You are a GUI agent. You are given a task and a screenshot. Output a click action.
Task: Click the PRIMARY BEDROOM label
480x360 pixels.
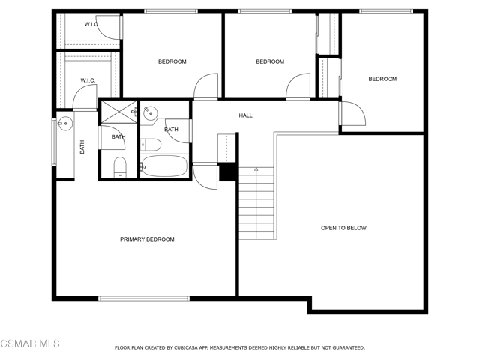147,239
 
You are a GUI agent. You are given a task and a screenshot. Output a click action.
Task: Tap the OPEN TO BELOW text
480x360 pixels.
343,228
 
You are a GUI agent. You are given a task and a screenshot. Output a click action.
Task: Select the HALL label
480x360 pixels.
245,115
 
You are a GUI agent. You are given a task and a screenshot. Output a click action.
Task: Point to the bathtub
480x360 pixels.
165,166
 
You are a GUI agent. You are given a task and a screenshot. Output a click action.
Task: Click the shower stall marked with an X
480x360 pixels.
119,112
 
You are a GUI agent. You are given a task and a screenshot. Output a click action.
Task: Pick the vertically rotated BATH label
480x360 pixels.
82,147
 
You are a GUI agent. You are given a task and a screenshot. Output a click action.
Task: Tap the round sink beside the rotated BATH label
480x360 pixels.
65,124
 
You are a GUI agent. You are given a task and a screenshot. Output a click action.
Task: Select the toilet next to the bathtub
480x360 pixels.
151,145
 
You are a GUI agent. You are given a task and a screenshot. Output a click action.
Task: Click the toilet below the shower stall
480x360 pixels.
120,167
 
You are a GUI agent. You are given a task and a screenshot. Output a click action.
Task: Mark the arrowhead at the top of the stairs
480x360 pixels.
256,169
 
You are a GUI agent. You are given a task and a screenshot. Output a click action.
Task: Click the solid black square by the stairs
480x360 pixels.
228,172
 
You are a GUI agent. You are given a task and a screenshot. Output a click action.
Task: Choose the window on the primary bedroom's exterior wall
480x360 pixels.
144,298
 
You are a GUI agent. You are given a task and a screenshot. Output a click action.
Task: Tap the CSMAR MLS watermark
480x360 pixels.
30,343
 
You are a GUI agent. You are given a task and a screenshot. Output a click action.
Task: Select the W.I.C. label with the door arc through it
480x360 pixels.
91,24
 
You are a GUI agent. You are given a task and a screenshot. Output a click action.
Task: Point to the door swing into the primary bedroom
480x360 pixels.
205,177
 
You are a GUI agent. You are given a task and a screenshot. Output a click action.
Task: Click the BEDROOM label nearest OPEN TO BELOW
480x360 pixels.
382,79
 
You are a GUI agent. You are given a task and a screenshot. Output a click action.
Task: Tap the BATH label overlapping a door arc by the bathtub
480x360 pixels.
171,130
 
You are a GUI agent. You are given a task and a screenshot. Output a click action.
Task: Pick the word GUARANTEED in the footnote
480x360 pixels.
349,348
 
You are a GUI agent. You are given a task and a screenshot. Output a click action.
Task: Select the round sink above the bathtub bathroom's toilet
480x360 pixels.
150,113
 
